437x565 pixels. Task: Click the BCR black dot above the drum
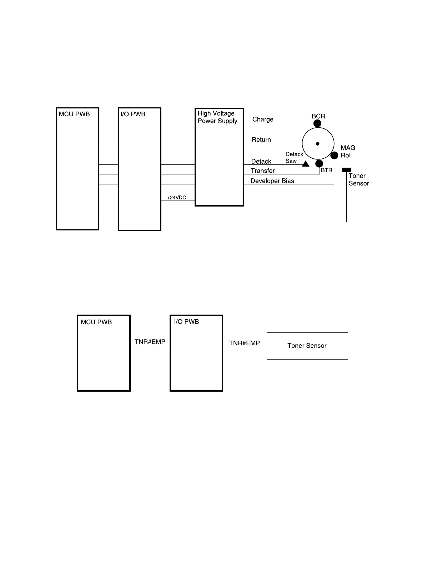(x=317, y=123)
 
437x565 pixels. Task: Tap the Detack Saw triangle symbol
(x=306, y=164)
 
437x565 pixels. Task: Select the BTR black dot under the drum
(x=319, y=164)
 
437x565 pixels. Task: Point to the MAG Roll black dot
(x=334, y=156)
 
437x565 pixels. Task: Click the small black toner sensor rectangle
(x=346, y=170)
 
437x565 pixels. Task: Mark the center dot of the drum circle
(x=317, y=144)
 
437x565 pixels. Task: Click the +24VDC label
(x=176, y=198)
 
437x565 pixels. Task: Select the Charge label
(x=263, y=119)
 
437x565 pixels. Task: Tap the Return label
(x=261, y=140)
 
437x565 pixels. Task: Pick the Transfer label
(x=263, y=171)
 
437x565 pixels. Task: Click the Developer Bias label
(x=272, y=181)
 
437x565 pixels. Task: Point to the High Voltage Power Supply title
(x=217, y=117)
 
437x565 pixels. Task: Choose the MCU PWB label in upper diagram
(x=74, y=114)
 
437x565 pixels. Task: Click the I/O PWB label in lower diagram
(x=186, y=322)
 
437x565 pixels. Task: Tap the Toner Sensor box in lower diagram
(x=307, y=346)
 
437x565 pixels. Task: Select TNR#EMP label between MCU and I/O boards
(x=150, y=342)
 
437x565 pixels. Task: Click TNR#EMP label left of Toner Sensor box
(x=245, y=343)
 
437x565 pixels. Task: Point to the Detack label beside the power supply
(x=261, y=162)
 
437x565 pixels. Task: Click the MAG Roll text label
(x=348, y=152)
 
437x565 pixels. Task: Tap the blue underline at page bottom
(x=71, y=562)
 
